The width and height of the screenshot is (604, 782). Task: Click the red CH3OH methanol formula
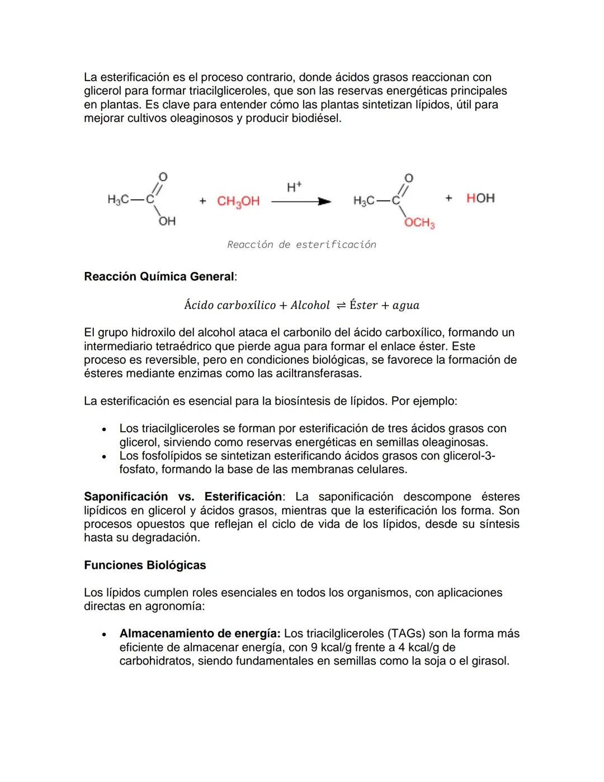click(x=238, y=201)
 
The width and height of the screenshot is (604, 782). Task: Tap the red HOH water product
click(x=480, y=198)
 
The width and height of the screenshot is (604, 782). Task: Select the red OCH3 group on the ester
click(x=419, y=223)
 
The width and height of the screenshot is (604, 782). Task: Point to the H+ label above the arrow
click(x=294, y=187)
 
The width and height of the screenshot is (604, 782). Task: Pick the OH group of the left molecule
click(x=167, y=221)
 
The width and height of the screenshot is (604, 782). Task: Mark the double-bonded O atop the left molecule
click(x=163, y=177)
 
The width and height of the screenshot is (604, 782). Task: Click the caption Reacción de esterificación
click(x=301, y=245)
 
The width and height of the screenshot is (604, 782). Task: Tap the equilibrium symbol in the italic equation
click(x=341, y=305)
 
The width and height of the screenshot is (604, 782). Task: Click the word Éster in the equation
click(x=364, y=305)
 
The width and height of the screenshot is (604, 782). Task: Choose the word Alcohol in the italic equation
click(x=310, y=305)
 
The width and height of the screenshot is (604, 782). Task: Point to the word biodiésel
click(x=315, y=118)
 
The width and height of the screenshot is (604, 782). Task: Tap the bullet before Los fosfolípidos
click(x=103, y=457)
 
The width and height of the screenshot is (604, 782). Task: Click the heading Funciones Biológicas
click(x=145, y=565)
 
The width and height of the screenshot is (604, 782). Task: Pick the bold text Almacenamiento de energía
click(x=200, y=634)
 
